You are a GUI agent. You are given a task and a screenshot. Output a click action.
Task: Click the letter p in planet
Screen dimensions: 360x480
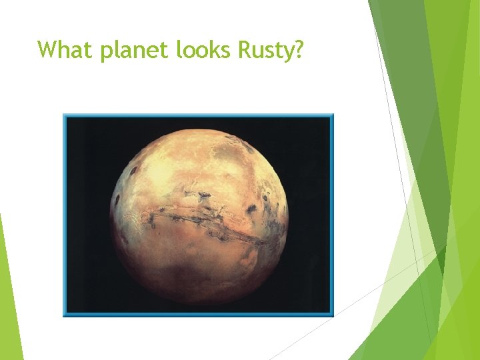pyautogui.click(x=107, y=52)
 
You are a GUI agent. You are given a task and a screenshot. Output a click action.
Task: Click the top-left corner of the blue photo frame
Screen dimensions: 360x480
pyautogui.click(x=64, y=115)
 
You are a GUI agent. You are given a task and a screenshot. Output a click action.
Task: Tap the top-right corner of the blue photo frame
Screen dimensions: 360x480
pyautogui.click(x=331, y=115)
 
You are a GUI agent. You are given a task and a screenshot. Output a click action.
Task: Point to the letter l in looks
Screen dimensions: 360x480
pyautogui.click(x=179, y=49)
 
